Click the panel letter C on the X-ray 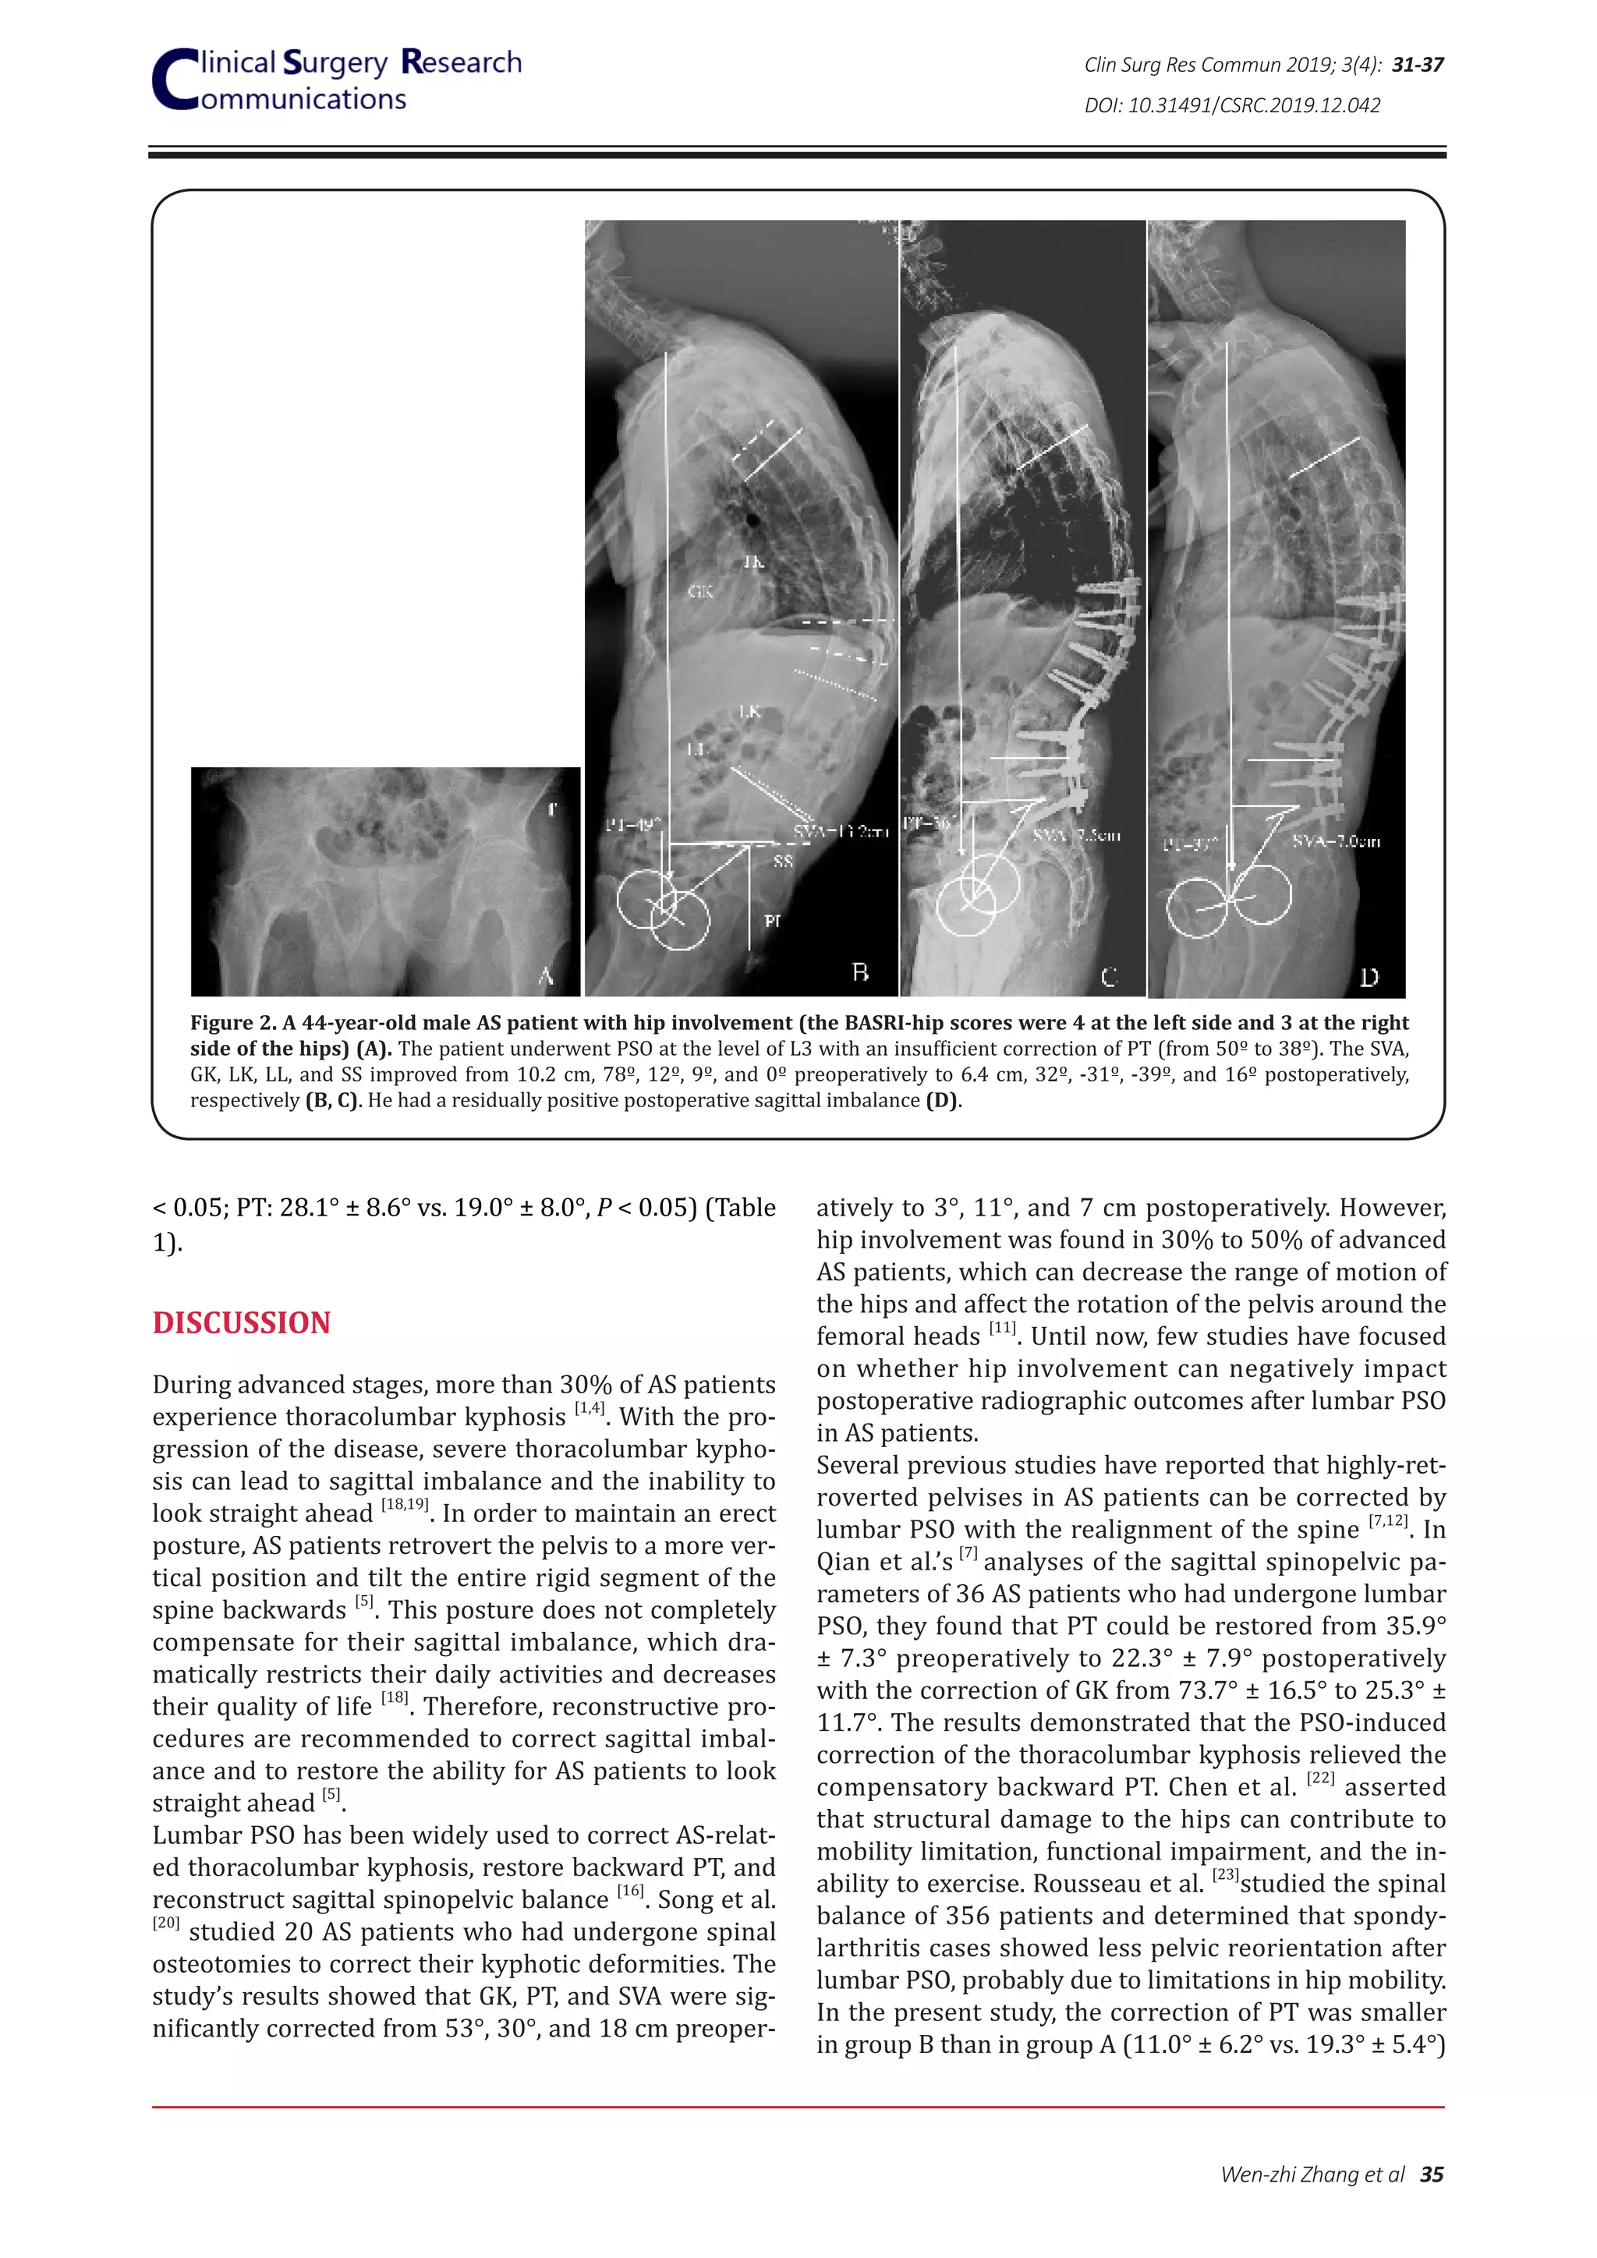[x=1110, y=976]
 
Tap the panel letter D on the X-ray [x=1369, y=976]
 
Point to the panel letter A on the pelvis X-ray [x=547, y=975]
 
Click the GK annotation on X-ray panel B [x=699, y=591]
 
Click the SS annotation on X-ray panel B [x=783, y=862]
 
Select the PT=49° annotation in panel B [x=633, y=824]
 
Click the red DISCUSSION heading [x=241, y=1322]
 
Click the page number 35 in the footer [x=1432, y=2174]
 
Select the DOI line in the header [x=1231, y=105]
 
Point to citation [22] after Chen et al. [x=1319, y=1778]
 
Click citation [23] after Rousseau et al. [x=1225, y=1874]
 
